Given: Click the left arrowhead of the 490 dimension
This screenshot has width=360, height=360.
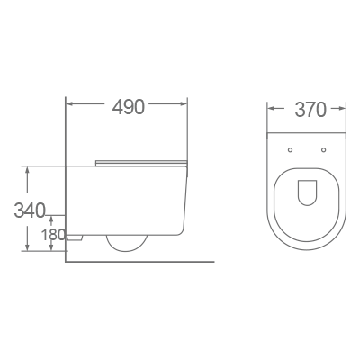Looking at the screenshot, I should (70, 106).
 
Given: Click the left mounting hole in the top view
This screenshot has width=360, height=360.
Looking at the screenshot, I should (291, 148).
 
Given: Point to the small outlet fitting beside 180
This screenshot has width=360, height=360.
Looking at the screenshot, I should (76, 237).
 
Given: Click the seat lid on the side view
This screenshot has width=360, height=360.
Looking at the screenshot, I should (139, 162).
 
